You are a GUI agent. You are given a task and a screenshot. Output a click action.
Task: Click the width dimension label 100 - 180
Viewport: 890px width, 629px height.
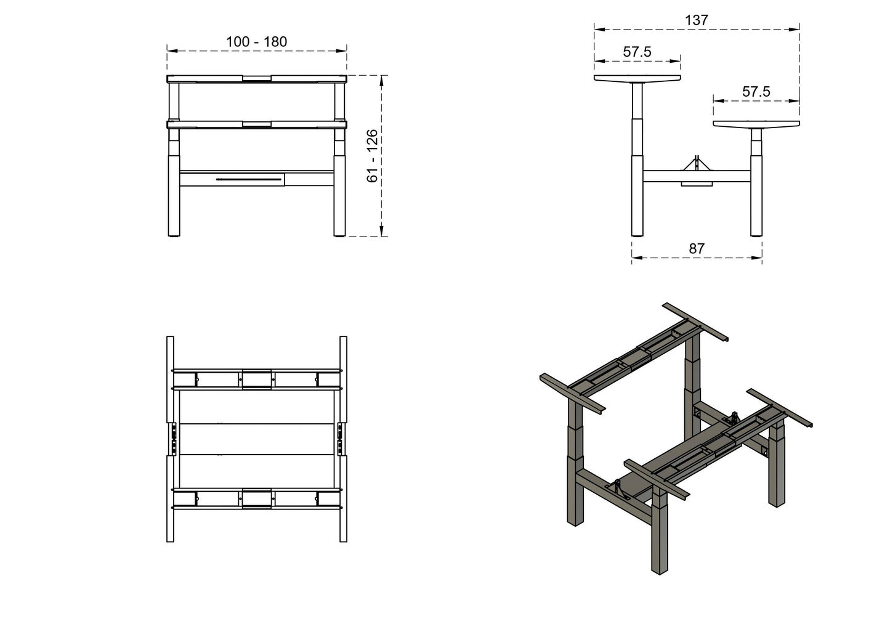coord(256,42)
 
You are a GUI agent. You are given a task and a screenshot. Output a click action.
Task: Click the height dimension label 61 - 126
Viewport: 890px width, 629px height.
coord(372,156)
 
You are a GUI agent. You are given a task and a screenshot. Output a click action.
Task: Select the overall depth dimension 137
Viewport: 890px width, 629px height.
coord(696,20)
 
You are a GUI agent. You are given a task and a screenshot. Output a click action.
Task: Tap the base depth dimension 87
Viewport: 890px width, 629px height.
coord(696,249)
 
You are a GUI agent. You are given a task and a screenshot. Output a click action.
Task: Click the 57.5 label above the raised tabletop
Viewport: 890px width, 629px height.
coord(637,52)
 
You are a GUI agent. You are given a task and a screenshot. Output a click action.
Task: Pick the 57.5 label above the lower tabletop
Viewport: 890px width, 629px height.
coord(756,92)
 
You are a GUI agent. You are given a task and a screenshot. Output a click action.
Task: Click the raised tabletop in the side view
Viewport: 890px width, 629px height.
coord(637,79)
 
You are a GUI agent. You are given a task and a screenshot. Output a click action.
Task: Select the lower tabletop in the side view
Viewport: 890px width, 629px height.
coord(756,124)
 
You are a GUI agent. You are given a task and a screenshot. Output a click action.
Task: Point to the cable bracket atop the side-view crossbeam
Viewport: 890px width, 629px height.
coord(697,163)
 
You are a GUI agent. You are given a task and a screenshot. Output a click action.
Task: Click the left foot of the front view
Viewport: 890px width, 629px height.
coord(174,233)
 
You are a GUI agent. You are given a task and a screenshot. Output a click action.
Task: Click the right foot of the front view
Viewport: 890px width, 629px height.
coord(339,233)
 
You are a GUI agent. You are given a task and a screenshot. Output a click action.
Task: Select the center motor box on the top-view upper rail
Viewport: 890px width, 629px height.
coord(256,379)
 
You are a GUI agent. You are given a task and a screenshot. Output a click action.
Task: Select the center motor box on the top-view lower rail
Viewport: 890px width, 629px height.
coord(256,498)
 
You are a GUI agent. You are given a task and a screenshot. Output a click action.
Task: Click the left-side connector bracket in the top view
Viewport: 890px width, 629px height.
coord(173,439)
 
